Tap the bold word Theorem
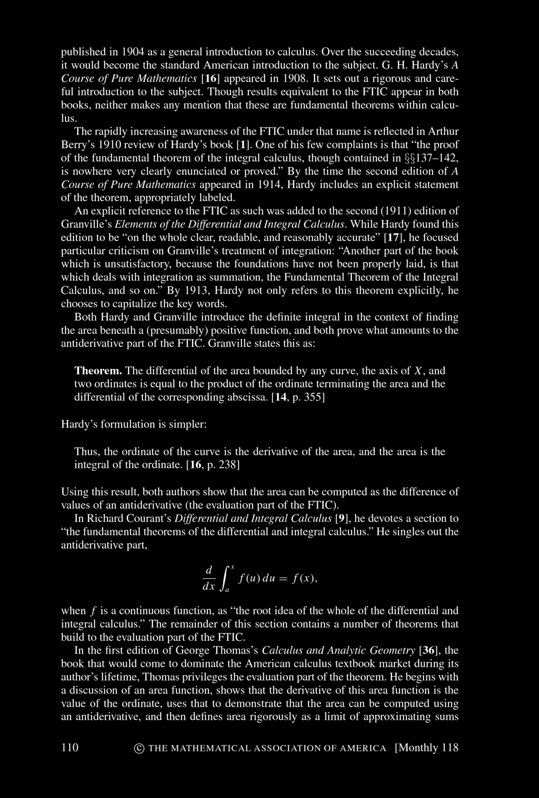click(98, 371)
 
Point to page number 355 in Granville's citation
click(314, 397)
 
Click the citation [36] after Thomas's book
click(427, 650)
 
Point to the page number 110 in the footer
click(70, 747)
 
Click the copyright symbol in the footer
click(139, 748)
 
